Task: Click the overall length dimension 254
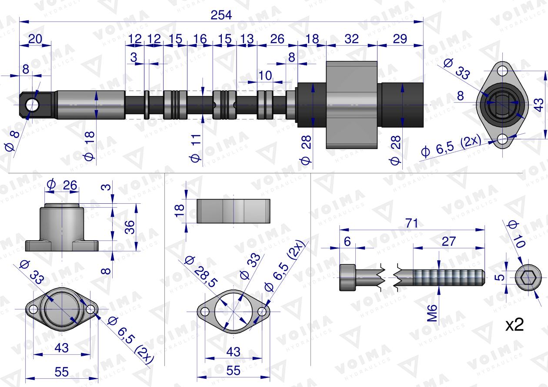coord(221,15)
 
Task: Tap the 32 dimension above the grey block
coord(351,39)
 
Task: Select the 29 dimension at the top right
coord(400,39)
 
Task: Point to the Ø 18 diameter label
coord(89,146)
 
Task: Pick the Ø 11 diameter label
coord(196,148)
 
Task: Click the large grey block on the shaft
coord(351,105)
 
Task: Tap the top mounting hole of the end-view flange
coord(502,71)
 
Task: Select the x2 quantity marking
coord(515,325)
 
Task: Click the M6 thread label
coord(432,313)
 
